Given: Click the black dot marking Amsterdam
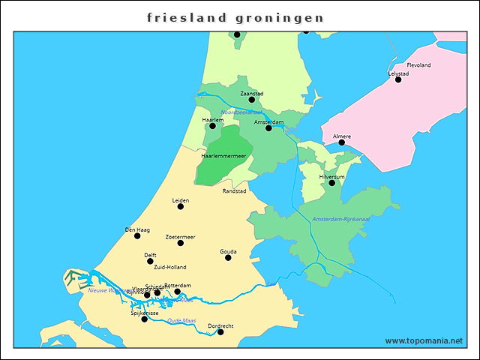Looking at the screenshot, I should (x=268, y=128).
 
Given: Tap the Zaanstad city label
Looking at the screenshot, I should (x=252, y=93).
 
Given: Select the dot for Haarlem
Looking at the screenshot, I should (x=212, y=126).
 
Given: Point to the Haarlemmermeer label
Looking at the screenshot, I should (x=223, y=156).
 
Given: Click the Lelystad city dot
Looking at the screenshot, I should (x=398, y=79).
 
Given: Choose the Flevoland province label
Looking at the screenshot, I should (x=418, y=65).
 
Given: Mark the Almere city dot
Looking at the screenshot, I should (x=341, y=142).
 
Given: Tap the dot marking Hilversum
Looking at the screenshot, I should (x=331, y=183).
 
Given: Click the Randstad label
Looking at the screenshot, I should (x=234, y=191).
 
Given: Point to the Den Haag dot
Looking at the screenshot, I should (x=137, y=235).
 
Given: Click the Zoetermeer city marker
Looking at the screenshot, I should (x=181, y=243).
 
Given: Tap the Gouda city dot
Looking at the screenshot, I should (x=228, y=258).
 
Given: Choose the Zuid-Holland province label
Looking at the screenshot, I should (x=170, y=267).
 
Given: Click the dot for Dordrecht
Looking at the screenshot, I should (x=220, y=332).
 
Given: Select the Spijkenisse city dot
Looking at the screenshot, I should (x=145, y=319).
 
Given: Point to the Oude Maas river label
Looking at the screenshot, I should (x=181, y=320).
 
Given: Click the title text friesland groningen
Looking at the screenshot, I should (x=235, y=16).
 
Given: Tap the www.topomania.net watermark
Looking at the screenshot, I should (x=424, y=340).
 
